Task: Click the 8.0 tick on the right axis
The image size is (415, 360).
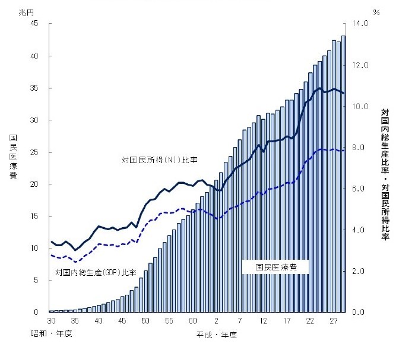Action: coord(360,147)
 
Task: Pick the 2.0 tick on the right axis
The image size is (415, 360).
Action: coord(360,271)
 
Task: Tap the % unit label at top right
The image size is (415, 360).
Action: coord(376,12)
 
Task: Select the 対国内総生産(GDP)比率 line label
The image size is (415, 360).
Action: coord(96,272)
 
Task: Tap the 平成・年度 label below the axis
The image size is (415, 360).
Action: coord(217,335)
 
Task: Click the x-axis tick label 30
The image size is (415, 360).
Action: coord(51,321)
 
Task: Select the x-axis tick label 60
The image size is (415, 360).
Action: coord(193,321)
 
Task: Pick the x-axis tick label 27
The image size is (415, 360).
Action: coord(334,321)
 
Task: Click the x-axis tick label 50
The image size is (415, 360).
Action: coord(145,321)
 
